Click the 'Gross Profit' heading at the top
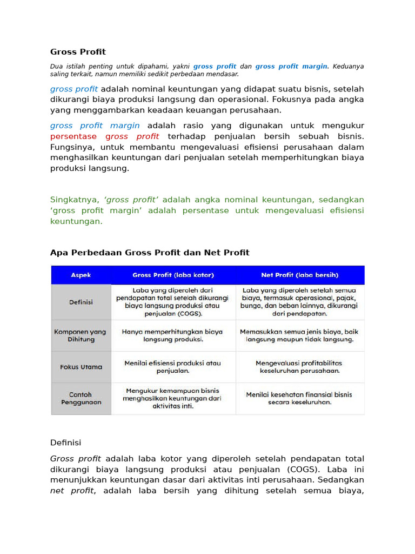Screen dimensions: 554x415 [78, 52]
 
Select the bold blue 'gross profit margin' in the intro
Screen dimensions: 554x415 [291, 66]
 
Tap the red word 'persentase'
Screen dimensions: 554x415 [73, 136]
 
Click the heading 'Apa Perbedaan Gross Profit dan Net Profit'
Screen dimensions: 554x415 [150, 253]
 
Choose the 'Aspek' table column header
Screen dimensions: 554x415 [81, 275]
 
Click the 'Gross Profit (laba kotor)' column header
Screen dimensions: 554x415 [173, 275]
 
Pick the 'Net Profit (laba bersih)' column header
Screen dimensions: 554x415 [300, 275]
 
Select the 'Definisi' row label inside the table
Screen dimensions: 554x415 [81, 302]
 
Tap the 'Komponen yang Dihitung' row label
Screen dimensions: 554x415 [81, 335]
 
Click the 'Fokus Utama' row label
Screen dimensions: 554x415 [81, 367]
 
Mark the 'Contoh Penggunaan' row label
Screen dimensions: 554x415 [81, 398]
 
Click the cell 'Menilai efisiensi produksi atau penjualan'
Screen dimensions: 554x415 [173, 367]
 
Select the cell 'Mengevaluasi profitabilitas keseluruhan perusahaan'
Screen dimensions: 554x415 [300, 367]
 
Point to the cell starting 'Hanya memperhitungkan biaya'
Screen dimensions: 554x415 [173, 335]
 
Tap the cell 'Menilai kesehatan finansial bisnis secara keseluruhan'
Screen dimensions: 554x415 [300, 398]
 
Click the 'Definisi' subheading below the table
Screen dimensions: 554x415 [65, 443]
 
